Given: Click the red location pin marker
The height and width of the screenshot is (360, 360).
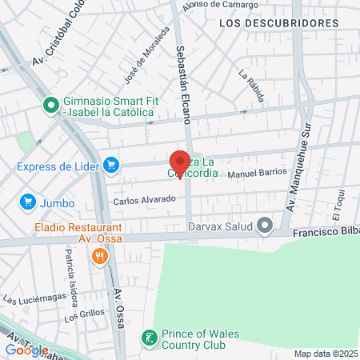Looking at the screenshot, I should (180, 162).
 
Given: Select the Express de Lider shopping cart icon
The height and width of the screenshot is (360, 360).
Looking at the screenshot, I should (111, 166).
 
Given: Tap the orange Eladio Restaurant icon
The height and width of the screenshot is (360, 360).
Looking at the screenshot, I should (100, 256).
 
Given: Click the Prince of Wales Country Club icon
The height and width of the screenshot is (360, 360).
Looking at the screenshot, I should (148, 338).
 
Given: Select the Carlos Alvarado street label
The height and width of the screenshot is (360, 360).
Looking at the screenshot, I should (144, 199).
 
